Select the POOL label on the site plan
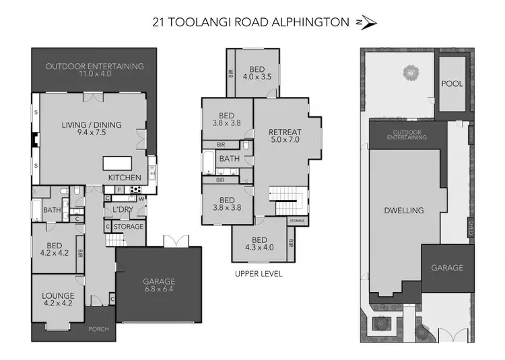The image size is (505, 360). point(452,83)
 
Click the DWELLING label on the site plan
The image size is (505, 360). point(405,210)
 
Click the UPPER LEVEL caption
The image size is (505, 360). point(259,274)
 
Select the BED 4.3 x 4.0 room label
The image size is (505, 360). point(259,244)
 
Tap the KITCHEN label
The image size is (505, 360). point(125,178)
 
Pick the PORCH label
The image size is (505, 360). point(99,329)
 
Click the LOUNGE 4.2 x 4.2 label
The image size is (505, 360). point(58,299)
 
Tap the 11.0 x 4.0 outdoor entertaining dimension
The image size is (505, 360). point(94,75)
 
